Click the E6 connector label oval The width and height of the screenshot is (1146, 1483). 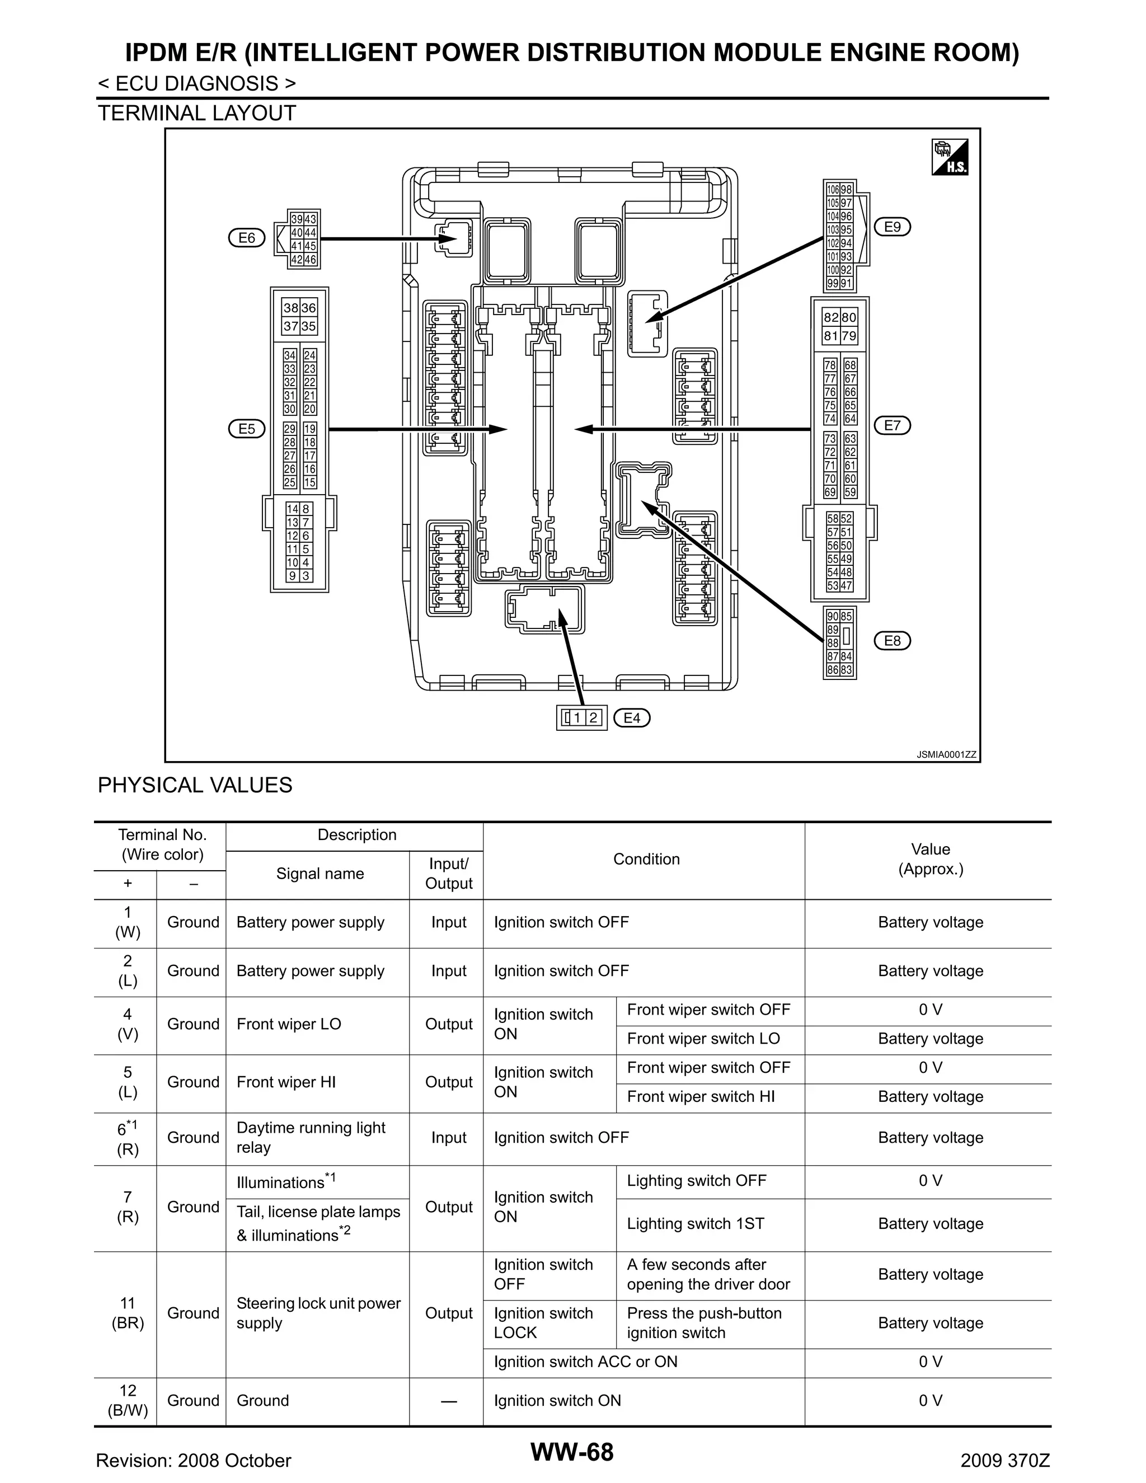pyautogui.click(x=246, y=238)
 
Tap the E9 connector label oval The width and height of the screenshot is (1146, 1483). pyautogui.click(x=892, y=227)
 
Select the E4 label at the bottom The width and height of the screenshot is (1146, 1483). pyautogui.click(x=631, y=718)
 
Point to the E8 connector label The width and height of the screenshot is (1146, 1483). pyautogui.click(x=892, y=640)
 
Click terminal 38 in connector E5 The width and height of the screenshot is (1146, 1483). pyautogui.click(x=290, y=308)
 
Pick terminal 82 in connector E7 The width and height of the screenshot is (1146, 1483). pyautogui.click(x=831, y=317)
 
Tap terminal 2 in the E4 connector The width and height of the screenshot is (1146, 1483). pyautogui.click(x=593, y=718)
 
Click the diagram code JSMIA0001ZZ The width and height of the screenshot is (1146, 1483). pyautogui.click(x=946, y=754)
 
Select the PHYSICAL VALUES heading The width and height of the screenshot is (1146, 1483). pyautogui.click(x=195, y=785)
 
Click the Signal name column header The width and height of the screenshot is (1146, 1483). pyautogui.click(x=320, y=874)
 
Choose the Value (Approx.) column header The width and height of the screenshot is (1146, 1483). pyautogui.click(x=930, y=859)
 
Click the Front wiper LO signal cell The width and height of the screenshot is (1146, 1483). pyautogui.click(x=289, y=1024)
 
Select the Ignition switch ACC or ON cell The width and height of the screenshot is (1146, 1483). pyautogui.click(x=585, y=1362)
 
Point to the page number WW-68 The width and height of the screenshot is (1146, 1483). pyautogui.click(x=572, y=1452)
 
